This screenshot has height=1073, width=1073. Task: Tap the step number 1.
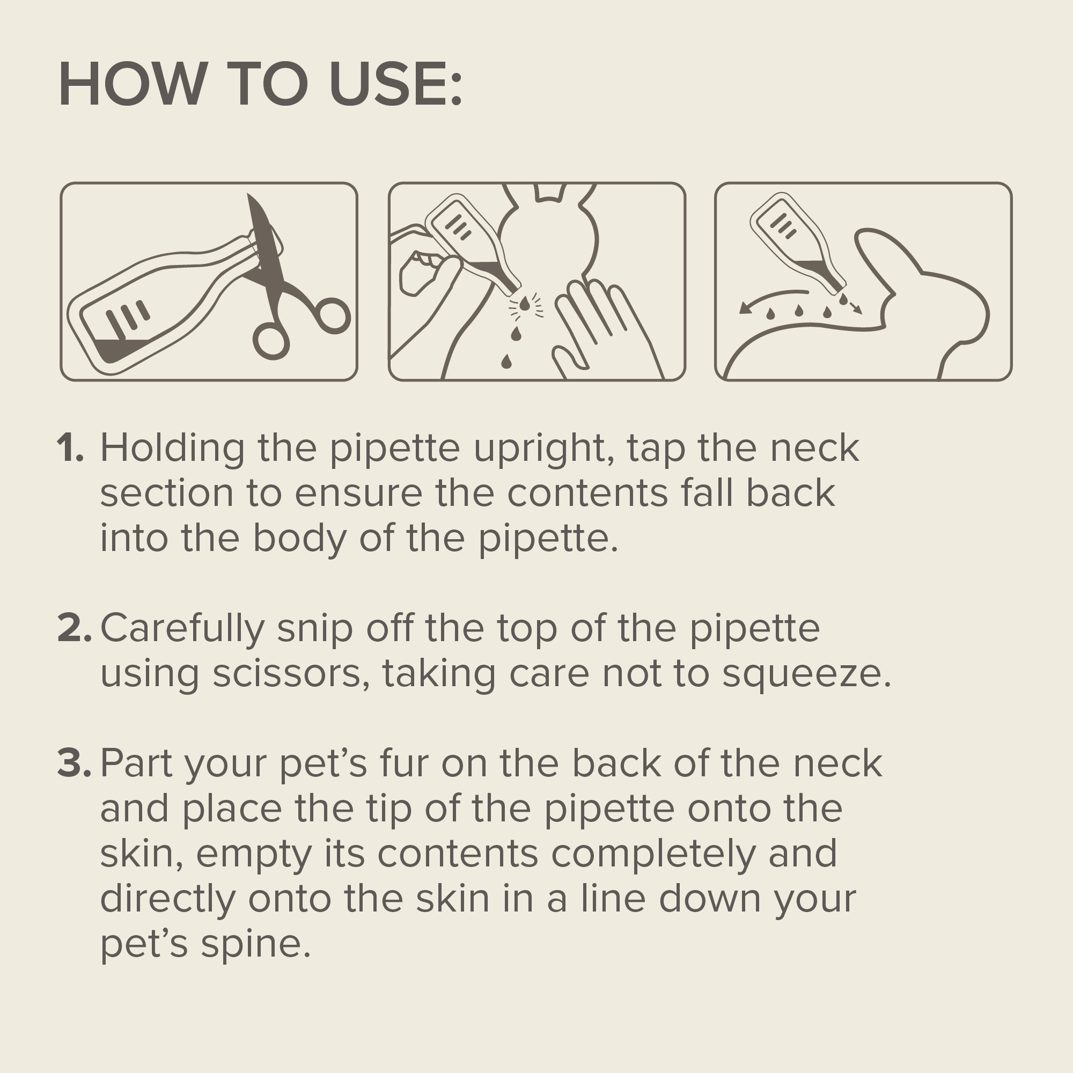tap(70, 447)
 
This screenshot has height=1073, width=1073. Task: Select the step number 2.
tap(74, 628)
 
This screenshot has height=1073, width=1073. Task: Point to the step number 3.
tap(74, 763)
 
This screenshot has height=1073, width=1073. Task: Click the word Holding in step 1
tap(172, 449)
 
